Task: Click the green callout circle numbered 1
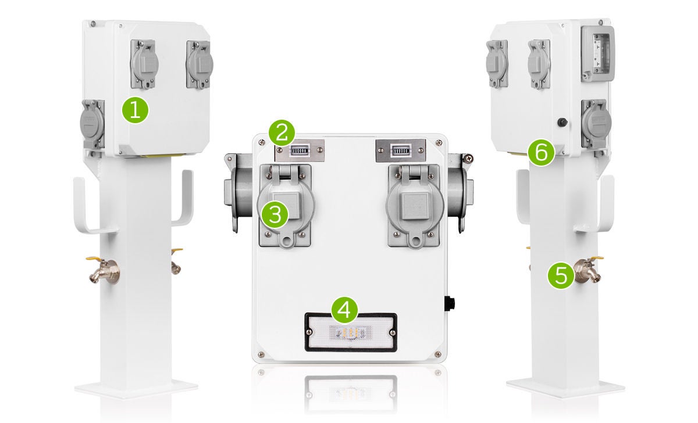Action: [135, 110]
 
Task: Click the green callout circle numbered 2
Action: [282, 133]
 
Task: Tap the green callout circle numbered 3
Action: [275, 214]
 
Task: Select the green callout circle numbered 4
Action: [344, 310]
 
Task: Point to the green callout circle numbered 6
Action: [541, 153]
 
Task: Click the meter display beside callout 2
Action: [299, 151]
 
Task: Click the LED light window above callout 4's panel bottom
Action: [351, 332]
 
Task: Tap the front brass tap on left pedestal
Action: [105, 271]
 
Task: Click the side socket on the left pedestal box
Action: [92, 124]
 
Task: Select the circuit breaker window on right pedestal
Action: [598, 52]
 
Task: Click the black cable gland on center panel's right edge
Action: [450, 304]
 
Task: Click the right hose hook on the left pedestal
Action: [184, 200]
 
